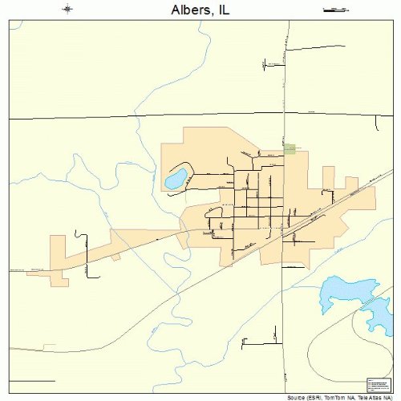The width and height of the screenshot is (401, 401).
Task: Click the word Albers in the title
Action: tap(190, 11)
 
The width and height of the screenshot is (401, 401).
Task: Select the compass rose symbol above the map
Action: tap(67, 10)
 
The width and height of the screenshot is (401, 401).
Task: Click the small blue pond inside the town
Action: tap(176, 179)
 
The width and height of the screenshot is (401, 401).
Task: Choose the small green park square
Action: tap(290, 148)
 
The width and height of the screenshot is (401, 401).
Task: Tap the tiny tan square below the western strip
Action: tap(116, 257)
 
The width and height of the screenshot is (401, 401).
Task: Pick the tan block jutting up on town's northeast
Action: tap(327, 178)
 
